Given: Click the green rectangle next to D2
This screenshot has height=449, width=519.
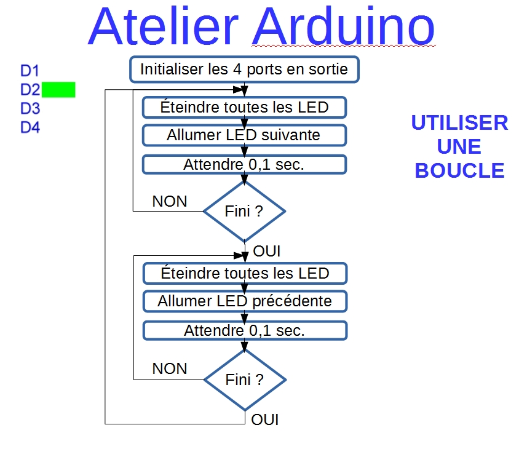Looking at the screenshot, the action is coord(58,90).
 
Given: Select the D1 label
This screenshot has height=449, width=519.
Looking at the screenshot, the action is coord(30,71).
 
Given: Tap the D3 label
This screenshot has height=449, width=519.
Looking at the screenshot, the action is coord(30,108).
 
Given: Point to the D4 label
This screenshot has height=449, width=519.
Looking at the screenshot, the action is coord(30,127).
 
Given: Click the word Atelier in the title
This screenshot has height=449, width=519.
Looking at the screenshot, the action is coord(163,26).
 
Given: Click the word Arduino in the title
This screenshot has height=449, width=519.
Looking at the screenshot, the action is coord(344,26).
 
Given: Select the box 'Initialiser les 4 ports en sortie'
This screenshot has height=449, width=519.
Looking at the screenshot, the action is coord(244,70).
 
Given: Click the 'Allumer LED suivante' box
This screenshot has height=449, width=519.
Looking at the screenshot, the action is coord(244,135).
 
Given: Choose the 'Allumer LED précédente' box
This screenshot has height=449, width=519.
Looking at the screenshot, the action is coord(245,301).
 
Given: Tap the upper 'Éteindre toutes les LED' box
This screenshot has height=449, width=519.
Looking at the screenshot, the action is coord(244,107).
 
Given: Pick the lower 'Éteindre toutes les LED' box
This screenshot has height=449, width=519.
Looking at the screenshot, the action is coord(245,274).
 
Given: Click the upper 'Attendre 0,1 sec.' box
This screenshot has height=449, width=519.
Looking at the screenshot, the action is coord(244,165).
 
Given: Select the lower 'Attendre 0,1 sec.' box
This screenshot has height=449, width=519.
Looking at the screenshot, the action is coord(245,330).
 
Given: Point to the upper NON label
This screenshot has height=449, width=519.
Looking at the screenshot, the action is coord(170,201).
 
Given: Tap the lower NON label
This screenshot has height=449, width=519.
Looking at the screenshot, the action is coord(170,368).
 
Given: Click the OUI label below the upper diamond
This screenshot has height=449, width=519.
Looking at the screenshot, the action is coord(267,252).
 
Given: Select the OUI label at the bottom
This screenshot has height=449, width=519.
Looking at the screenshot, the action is coord(265,420).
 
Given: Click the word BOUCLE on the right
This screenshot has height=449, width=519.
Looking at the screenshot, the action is coord(460,170).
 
